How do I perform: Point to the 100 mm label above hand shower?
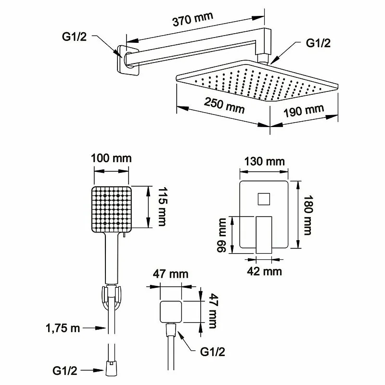tap(111, 158)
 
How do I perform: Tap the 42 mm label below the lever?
tap(263, 271)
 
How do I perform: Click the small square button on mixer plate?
tap(264, 198)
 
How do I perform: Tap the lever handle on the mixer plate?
tap(263, 233)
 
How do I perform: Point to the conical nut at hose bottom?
tap(111, 371)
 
